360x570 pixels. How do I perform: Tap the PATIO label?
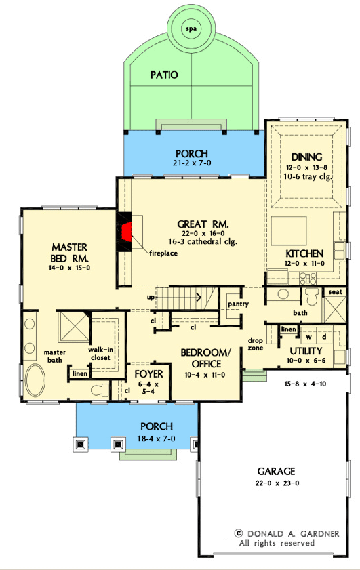point(164,75)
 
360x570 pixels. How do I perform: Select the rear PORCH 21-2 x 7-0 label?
point(192,154)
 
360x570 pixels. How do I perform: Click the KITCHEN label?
point(304,253)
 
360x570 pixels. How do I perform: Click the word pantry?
point(239,304)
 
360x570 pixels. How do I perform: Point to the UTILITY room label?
point(306,351)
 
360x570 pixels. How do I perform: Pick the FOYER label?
point(147,373)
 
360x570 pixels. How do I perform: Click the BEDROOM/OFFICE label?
point(206,358)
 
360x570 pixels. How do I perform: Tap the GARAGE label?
point(275,472)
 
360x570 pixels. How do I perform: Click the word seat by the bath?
point(335,292)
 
